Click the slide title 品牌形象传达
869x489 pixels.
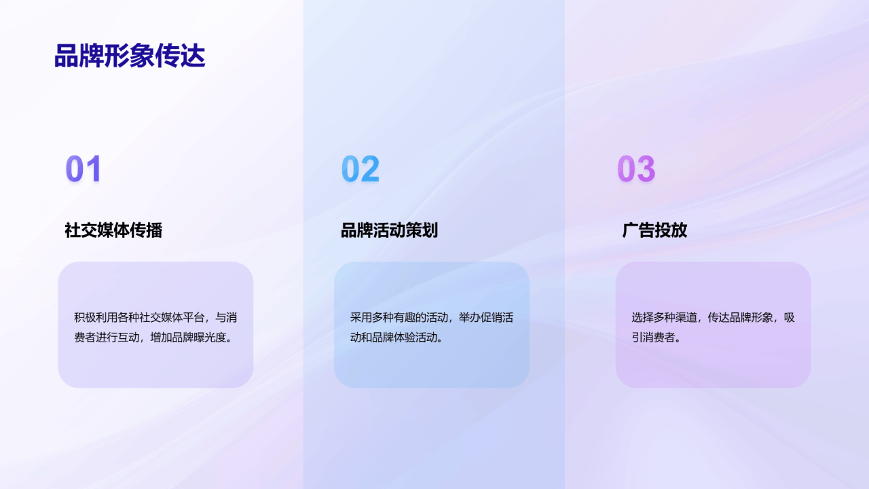click(129, 56)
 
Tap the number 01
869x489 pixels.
click(84, 169)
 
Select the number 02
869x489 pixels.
click(360, 169)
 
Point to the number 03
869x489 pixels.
click(635, 169)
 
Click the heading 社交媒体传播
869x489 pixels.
click(113, 230)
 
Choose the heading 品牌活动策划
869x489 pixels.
click(389, 230)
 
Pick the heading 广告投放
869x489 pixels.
click(654, 230)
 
